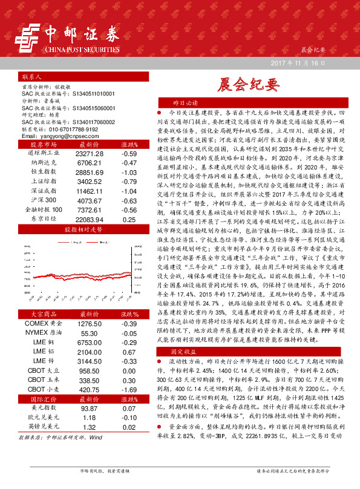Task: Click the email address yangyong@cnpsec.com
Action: click(62, 137)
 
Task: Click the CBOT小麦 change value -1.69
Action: click(128, 390)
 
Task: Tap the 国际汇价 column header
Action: click(42, 399)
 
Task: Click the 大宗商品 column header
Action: click(42, 314)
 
